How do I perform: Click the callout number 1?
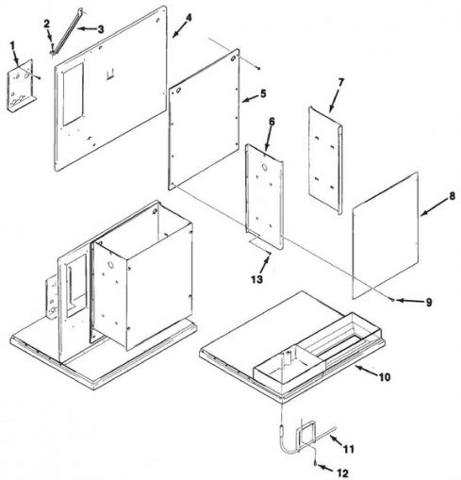click(12, 45)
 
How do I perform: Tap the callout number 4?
click(189, 18)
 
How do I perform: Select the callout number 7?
click(341, 82)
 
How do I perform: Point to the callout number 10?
click(385, 376)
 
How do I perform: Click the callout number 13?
click(257, 279)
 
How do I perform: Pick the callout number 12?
click(342, 472)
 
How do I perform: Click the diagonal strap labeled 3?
click(66, 32)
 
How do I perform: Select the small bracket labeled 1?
click(22, 86)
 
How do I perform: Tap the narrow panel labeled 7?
click(325, 160)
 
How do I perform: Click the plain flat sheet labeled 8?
click(386, 235)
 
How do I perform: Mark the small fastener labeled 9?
click(392, 300)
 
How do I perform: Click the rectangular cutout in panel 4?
click(74, 94)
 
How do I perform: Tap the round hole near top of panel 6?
click(265, 168)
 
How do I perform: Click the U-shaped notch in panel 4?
click(110, 74)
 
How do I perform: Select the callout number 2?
click(47, 24)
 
